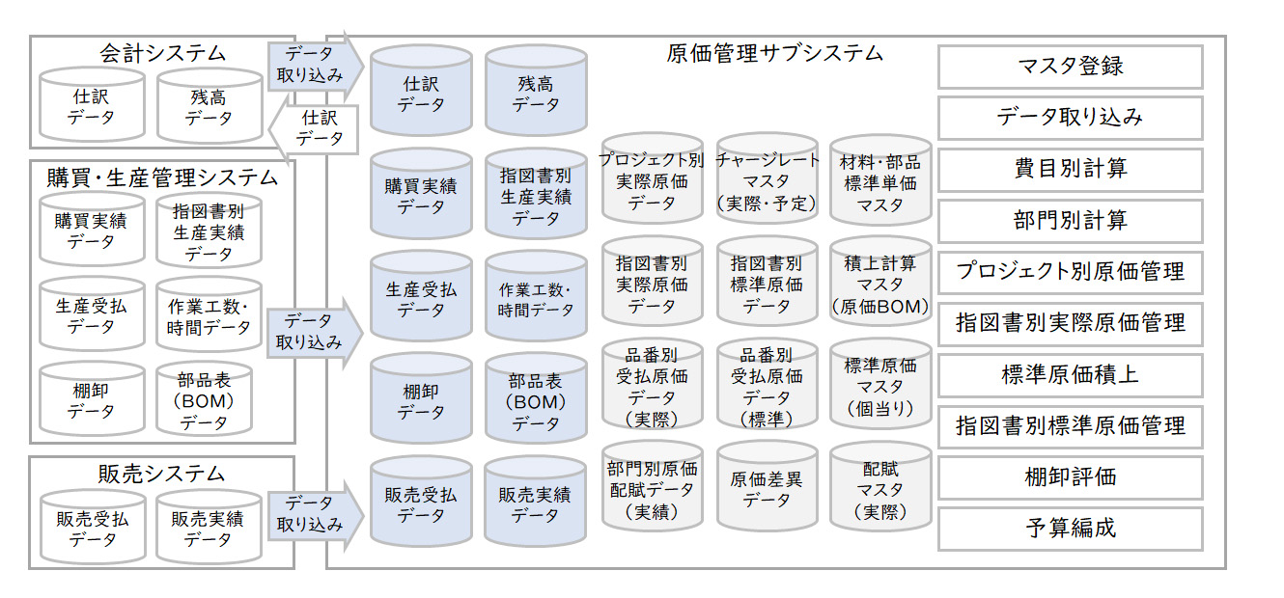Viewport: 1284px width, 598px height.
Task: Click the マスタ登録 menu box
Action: (x=1070, y=67)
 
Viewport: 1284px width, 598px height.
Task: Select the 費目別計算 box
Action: (x=1070, y=170)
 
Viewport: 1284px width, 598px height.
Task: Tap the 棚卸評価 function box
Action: (x=1070, y=477)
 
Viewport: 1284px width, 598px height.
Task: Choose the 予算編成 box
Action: (x=1070, y=529)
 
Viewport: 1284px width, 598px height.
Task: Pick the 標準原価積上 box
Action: (x=1070, y=374)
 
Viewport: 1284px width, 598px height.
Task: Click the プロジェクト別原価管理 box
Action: (x=1070, y=272)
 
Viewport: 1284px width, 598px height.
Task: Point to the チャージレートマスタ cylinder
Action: (x=768, y=181)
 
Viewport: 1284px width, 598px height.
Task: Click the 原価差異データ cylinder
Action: (x=768, y=490)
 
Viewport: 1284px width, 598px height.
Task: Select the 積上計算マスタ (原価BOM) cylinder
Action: (x=880, y=285)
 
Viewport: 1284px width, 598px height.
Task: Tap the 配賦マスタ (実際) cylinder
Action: (x=880, y=490)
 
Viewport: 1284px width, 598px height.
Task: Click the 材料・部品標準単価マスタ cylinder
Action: (x=880, y=181)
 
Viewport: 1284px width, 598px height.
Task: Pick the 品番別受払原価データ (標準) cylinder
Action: (x=768, y=387)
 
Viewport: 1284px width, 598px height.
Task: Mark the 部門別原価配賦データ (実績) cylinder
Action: (x=653, y=490)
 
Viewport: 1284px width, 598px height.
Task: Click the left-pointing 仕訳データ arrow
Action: (x=314, y=128)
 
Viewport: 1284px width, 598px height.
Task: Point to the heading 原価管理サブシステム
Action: (x=774, y=53)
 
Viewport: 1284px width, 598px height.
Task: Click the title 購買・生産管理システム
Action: (x=162, y=177)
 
